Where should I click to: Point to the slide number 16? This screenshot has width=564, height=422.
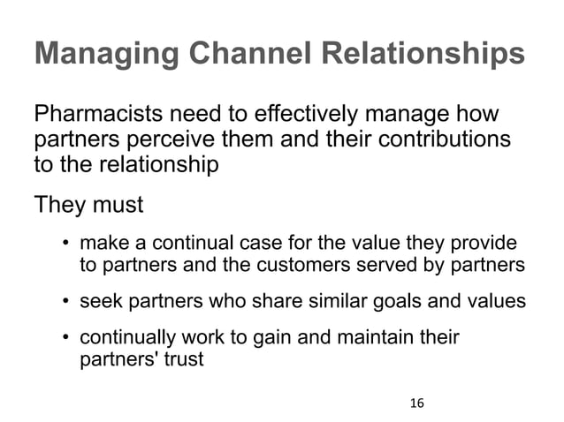(x=416, y=403)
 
